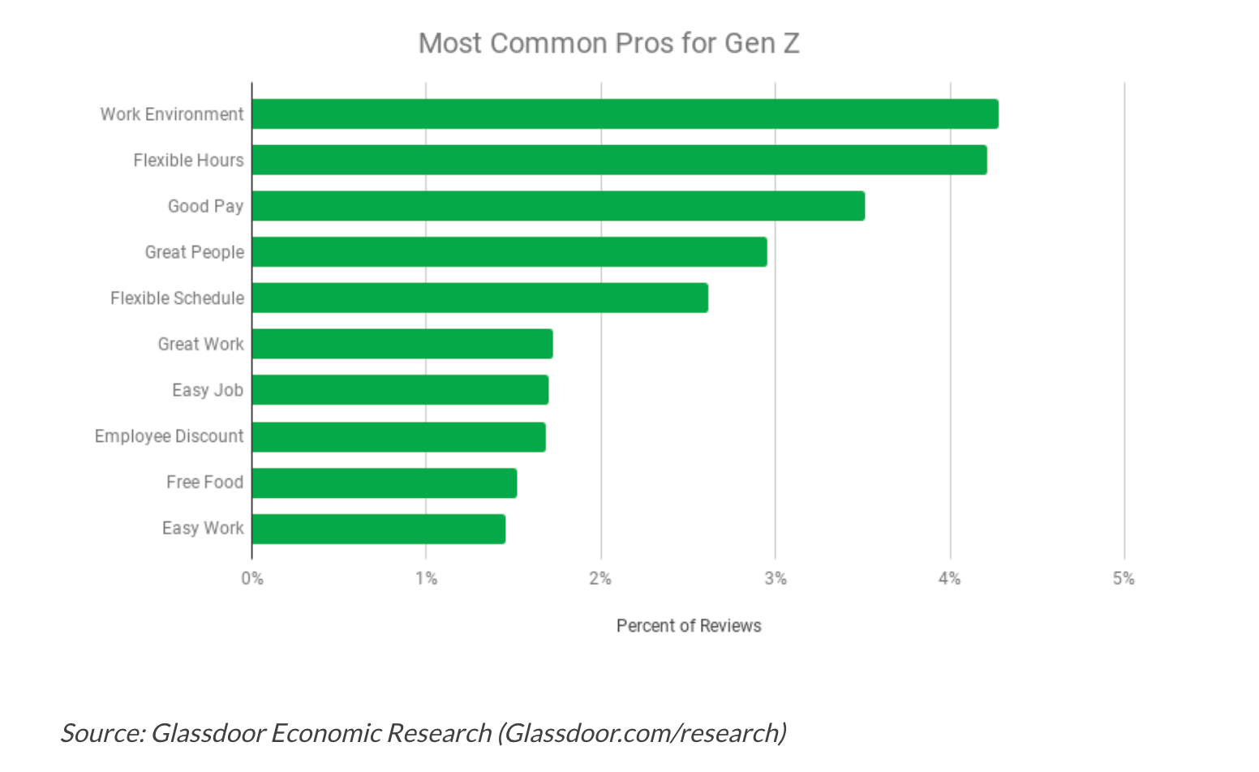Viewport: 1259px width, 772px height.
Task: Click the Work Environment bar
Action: point(625,114)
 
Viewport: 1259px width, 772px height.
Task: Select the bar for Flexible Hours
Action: point(619,160)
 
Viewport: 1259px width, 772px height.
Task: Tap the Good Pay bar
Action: point(558,206)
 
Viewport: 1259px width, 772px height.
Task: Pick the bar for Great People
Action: point(509,252)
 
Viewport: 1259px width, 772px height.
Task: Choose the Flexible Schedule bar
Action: point(479,298)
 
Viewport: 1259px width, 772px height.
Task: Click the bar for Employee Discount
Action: point(398,436)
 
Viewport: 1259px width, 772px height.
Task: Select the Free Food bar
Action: point(384,482)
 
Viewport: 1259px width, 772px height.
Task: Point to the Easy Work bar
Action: point(378,529)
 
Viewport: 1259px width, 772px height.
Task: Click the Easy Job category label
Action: point(208,390)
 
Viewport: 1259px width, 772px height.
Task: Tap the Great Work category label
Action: point(200,344)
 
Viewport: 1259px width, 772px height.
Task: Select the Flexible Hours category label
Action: point(188,161)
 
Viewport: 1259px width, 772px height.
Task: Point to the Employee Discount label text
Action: point(169,436)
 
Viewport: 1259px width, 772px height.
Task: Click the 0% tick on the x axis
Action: point(252,578)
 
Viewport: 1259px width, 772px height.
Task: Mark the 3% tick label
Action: point(776,578)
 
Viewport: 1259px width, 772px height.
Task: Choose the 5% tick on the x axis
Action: point(1124,578)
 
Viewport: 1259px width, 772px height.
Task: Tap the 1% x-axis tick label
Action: point(426,578)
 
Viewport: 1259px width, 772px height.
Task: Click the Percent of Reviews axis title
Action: point(689,626)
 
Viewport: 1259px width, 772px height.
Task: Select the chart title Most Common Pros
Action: point(608,43)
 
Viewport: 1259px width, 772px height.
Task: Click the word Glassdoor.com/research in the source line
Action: point(642,733)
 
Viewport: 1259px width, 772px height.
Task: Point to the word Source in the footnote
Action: point(101,733)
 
